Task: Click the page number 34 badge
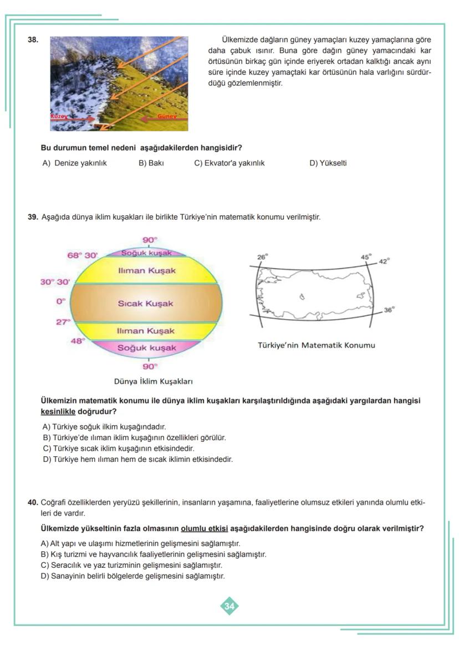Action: [229, 606]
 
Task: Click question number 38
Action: [33, 40]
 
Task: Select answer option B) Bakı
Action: [151, 163]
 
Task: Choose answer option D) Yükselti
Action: [328, 163]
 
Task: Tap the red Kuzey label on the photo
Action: [59, 117]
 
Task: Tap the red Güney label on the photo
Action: [167, 117]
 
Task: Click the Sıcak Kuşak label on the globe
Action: [145, 304]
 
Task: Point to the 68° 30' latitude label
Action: [82, 255]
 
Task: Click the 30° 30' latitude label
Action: [55, 282]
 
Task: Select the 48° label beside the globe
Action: [76, 341]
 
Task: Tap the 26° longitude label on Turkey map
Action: [262, 257]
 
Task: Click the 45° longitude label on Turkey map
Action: [366, 257]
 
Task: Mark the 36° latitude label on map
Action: [389, 310]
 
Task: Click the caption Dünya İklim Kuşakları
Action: [153, 381]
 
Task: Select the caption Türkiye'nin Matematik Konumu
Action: [316, 345]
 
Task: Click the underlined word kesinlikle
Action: [58, 412]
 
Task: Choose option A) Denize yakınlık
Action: [74, 163]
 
